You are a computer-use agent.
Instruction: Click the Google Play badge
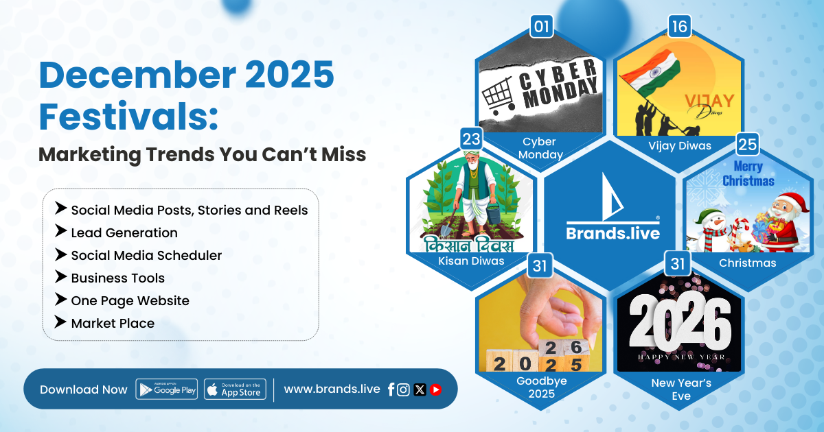pos(167,389)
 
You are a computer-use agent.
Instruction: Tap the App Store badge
pos(235,389)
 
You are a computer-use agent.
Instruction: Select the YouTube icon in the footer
pos(435,389)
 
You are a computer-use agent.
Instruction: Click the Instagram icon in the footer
pos(403,389)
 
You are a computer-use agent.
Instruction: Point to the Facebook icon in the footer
pos(391,389)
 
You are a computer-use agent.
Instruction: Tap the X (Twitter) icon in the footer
pos(420,389)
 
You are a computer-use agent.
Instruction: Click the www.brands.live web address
pos(332,389)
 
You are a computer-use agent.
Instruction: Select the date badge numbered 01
pos(542,27)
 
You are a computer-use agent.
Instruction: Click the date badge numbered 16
pos(679,27)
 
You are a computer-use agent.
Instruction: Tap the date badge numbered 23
pos(472,139)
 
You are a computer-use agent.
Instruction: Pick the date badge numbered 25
pos(748,144)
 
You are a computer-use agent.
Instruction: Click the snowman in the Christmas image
pos(710,230)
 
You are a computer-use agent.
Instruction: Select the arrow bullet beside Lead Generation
pos(60,231)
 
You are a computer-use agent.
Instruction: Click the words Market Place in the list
pos(113,323)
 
